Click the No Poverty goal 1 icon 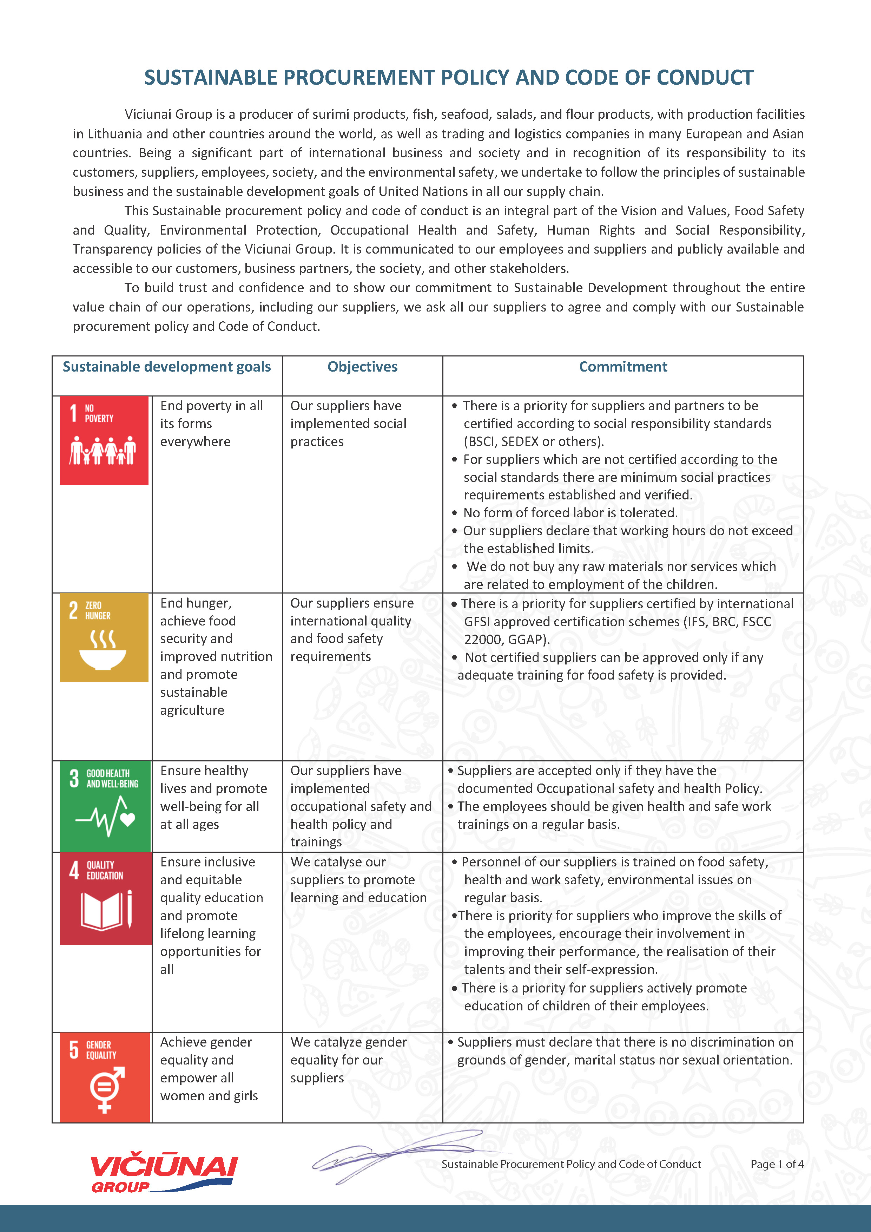point(104,440)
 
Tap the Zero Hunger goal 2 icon point(104,637)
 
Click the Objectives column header point(363,367)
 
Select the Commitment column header point(623,367)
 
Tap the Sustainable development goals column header point(166,367)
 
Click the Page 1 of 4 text point(776,1164)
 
